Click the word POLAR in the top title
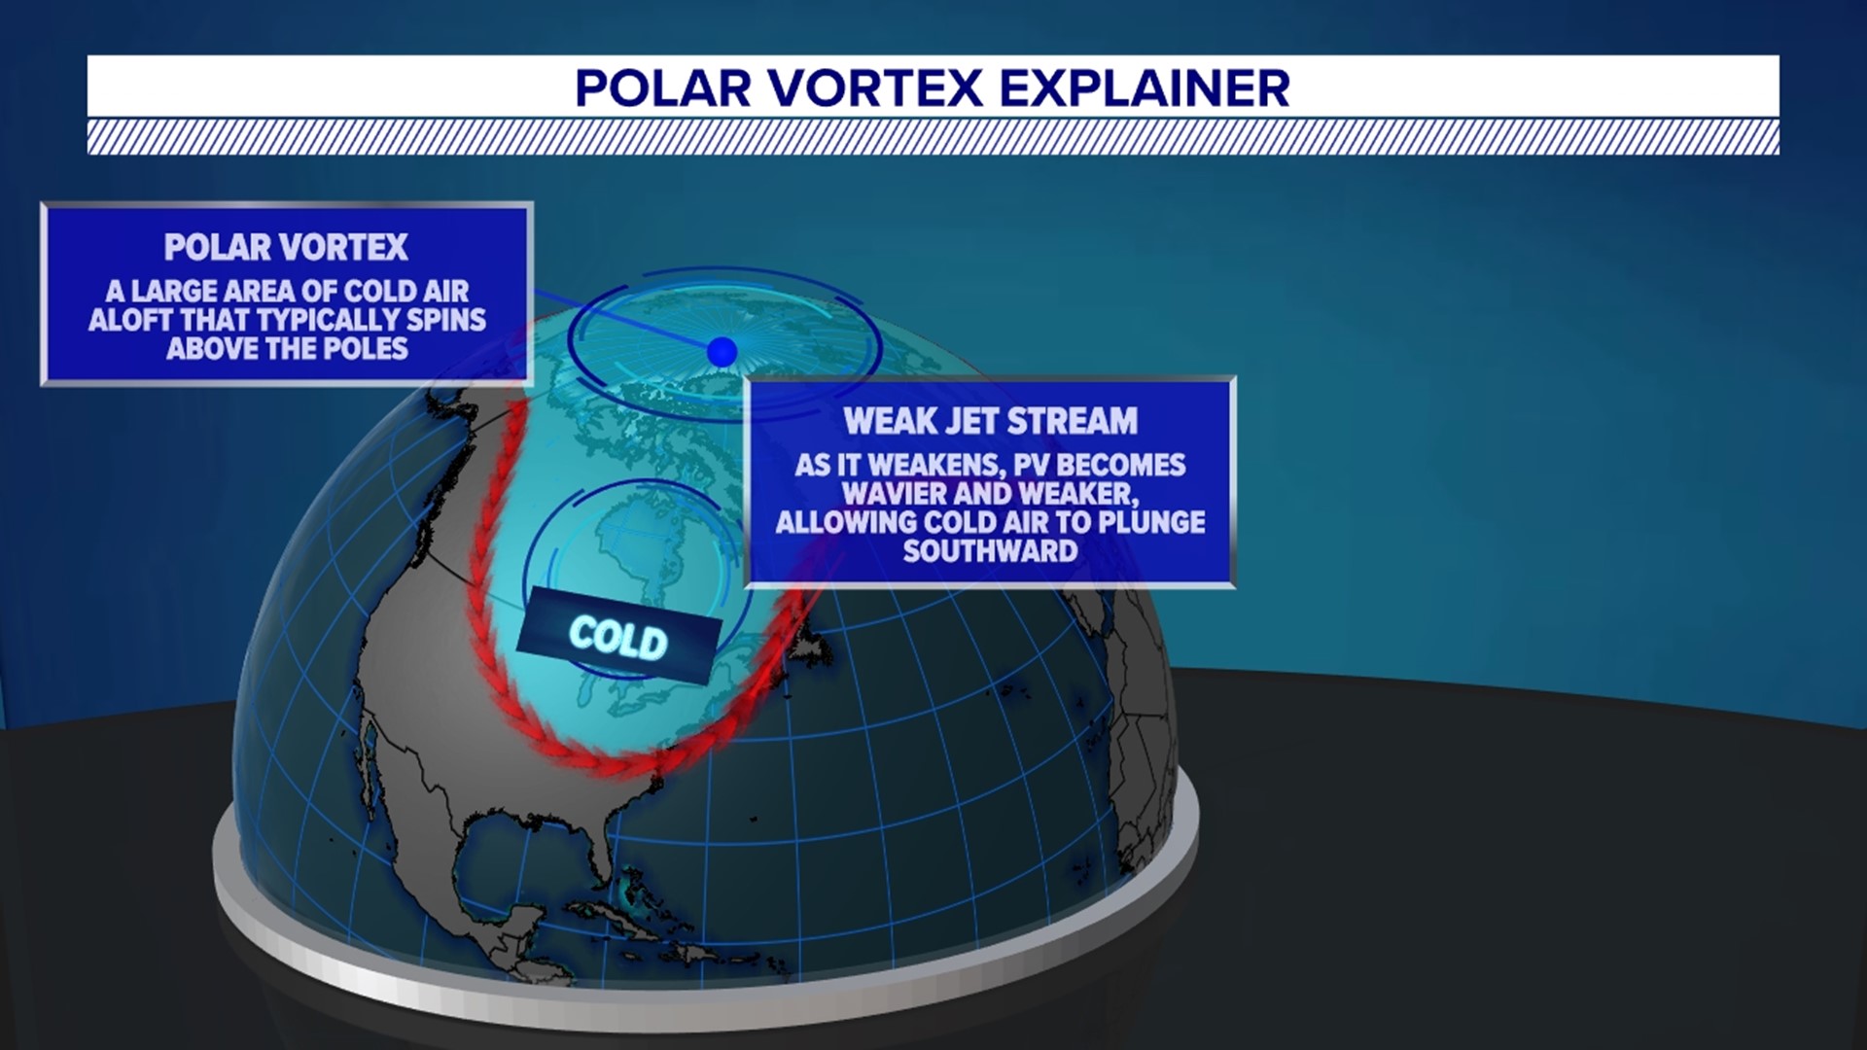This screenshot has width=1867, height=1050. click(662, 88)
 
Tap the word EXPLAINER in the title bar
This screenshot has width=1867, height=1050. click(1145, 88)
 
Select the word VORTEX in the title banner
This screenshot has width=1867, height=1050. click(875, 88)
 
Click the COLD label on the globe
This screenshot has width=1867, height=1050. click(618, 638)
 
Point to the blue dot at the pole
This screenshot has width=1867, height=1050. click(722, 352)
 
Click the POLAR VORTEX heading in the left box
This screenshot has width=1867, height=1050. click(286, 248)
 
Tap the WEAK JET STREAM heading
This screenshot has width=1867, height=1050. click(990, 421)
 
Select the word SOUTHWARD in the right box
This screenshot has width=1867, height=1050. click(990, 551)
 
